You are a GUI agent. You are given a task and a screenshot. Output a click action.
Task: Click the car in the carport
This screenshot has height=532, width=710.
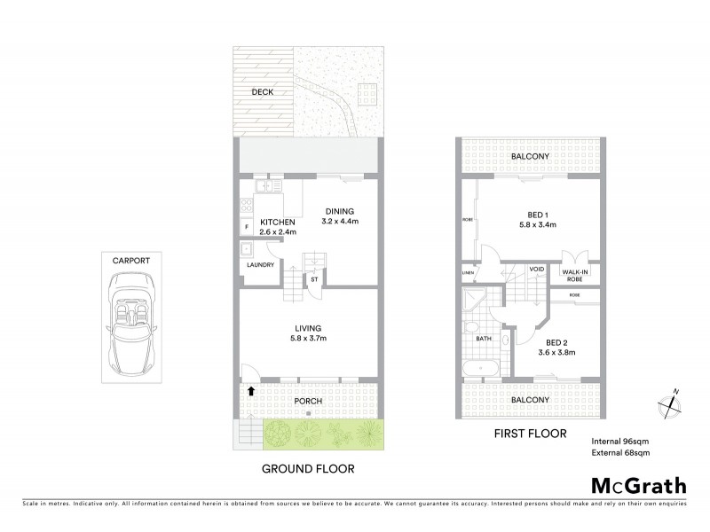(x=131, y=323)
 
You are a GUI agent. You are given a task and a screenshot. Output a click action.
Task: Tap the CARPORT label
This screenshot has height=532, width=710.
(x=130, y=261)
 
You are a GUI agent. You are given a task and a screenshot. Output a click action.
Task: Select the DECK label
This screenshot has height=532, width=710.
(x=261, y=91)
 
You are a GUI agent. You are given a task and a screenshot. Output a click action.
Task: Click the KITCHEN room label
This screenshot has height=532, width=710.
(x=277, y=223)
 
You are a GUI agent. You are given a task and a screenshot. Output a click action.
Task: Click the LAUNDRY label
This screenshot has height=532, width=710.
(x=260, y=264)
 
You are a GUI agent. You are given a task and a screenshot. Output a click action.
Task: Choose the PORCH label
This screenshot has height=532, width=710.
(x=309, y=401)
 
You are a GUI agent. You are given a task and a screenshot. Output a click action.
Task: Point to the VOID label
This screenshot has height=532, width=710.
(x=536, y=269)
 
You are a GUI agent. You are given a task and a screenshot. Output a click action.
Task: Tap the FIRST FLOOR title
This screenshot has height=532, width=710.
(x=529, y=435)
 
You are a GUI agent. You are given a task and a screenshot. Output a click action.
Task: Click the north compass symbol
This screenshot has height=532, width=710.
(x=669, y=405)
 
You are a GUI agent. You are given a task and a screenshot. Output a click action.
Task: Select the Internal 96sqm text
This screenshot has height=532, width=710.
(x=620, y=441)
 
